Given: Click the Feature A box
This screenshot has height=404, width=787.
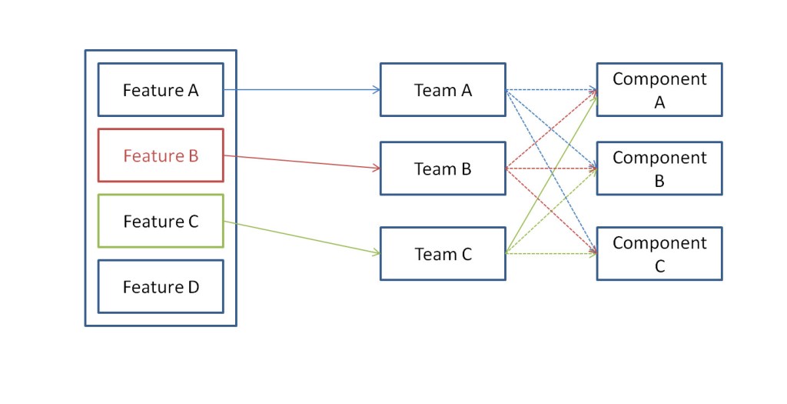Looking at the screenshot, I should (161, 90).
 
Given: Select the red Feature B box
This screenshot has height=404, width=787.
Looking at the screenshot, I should (161, 155).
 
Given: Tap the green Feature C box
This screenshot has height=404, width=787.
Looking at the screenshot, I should (161, 221).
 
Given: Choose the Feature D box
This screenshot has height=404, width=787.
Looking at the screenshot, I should (161, 286).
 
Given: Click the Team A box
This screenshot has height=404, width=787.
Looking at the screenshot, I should (443, 90).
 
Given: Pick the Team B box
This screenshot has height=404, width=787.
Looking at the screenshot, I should (443, 169).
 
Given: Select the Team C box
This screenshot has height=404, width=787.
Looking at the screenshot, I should (443, 254).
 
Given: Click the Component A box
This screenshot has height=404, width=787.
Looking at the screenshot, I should (659, 90).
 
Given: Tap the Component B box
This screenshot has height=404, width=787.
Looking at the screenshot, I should (659, 169).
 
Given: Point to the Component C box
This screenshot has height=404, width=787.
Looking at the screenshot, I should (659, 254).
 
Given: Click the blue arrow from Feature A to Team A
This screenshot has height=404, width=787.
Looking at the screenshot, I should (300, 90).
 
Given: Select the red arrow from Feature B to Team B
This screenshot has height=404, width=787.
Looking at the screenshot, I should (300, 162).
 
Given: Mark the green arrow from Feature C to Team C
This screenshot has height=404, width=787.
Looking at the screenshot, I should (300, 237).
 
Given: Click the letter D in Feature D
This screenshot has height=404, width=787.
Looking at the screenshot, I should (192, 287).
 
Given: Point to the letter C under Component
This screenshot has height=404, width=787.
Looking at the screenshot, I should (659, 267).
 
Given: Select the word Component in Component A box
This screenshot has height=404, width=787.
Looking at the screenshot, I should (659, 79).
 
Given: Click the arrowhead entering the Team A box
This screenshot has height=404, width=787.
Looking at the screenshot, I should (376, 90).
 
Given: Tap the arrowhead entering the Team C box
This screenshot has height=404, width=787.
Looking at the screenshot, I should (375, 252).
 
